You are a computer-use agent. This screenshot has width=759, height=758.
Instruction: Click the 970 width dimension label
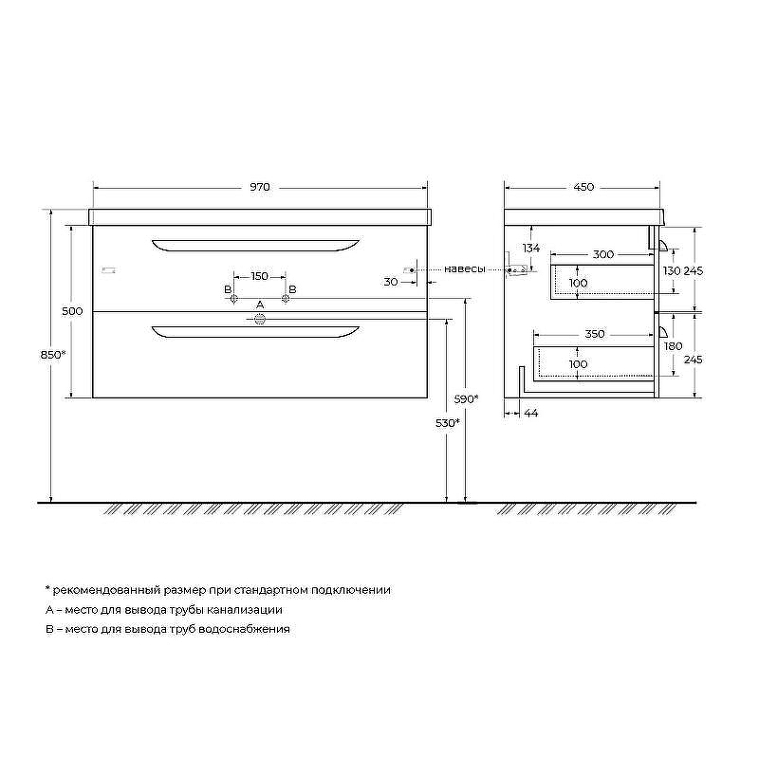[x=260, y=187]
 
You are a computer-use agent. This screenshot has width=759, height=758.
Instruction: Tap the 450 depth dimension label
[x=583, y=187]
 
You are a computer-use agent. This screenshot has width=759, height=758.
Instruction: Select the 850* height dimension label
[x=53, y=354]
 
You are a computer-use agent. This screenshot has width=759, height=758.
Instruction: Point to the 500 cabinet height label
[x=72, y=311]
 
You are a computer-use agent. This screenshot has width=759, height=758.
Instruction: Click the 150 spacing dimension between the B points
[x=259, y=276]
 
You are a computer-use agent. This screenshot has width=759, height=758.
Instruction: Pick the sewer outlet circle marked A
[x=260, y=319]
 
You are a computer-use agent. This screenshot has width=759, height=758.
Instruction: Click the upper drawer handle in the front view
[x=255, y=246]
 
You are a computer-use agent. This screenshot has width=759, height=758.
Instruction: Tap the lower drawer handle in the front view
[x=255, y=331]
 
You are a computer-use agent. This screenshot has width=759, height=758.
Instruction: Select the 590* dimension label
[x=466, y=398]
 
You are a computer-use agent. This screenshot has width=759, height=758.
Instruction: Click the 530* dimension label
[x=448, y=423]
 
